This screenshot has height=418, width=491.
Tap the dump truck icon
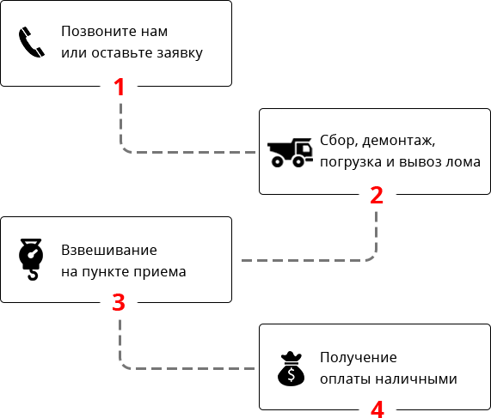(x=290, y=152)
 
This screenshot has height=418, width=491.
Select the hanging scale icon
(x=31, y=259)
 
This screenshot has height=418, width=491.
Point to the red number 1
(x=120, y=87)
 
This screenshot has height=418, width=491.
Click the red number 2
(x=377, y=195)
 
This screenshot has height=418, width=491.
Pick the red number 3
(x=119, y=302)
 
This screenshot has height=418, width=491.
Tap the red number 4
(x=377, y=409)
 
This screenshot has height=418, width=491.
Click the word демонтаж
(x=399, y=141)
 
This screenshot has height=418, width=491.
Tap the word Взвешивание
(x=109, y=250)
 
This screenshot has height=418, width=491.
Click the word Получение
(x=359, y=357)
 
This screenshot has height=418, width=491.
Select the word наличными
(x=416, y=379)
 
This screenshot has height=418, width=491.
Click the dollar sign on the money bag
(x=292, y=374)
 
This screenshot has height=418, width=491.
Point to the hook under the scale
(x=33, y=275)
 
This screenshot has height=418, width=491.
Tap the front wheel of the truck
(x=298, y=161)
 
